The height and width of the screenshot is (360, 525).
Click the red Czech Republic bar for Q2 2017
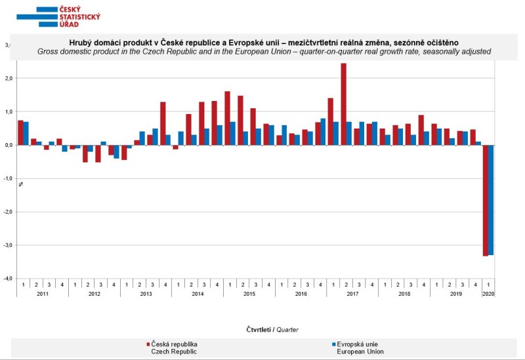(343, 104)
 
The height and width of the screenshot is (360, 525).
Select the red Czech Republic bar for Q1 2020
(485, 200)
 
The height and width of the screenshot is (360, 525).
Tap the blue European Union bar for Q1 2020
(491, 199)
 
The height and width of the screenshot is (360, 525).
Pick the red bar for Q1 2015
(227, 118)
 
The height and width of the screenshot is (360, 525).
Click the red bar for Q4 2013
(163, 123)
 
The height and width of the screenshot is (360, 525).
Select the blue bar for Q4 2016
(323, 131)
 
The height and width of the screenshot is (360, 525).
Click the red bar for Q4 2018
(421, 130)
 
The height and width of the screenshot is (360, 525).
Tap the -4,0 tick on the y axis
(8, 279)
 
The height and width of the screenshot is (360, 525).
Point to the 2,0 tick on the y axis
(8, 78)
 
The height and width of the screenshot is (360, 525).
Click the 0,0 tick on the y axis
(8, 145)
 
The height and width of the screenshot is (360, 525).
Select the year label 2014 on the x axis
(198, 294)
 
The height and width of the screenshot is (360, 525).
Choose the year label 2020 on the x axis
(488, 294)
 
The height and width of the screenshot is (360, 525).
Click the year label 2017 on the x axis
(352, 294)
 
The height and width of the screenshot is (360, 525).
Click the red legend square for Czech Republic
(148, 344)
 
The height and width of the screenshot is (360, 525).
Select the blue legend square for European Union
(333, 344)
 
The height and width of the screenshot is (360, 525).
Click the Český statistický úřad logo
(58, 16)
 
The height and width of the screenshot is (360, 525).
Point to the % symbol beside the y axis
(20, 184)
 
